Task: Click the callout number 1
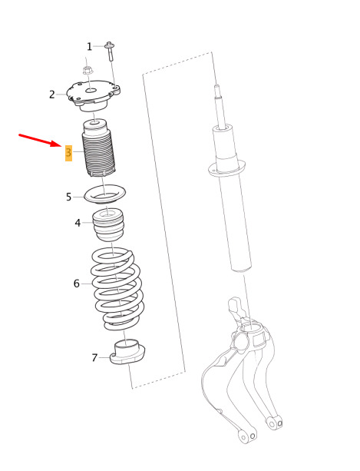(x=89, y=47)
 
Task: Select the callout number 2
(x=52, y=95)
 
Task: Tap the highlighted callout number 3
(x=69, y=153)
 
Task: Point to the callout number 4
(x=78, y=223)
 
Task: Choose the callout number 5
(x=69, y=197)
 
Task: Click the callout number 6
(x=77, y=284)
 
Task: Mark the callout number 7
(x=95, y=358)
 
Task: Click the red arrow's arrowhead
(x=59, y=144)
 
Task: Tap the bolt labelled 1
(x=110, y=51)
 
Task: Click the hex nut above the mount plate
(x=87, y=71)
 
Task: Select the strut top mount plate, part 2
(x=94, y=95)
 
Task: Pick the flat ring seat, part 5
(x=104, y=194)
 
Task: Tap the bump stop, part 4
(x=108, y=224)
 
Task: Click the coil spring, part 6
(x=117, y=288)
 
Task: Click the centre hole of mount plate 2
(x=92, y=90)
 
